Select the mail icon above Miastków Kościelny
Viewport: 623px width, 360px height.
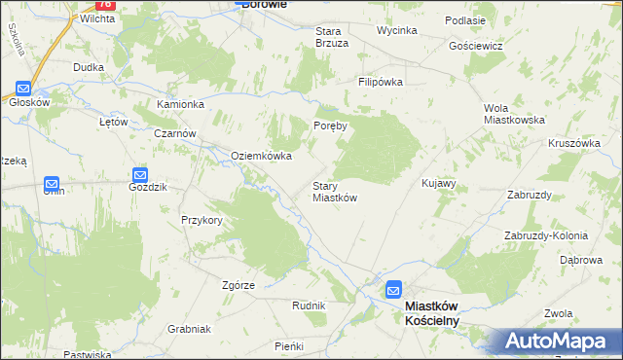(x=393, y=289)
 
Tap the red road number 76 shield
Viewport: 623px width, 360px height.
(x=106, y=4)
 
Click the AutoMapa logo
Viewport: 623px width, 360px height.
(x=560, y=342)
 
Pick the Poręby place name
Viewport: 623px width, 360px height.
(x=330, y=126)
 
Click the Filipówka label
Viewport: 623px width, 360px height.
(x=380, y=83)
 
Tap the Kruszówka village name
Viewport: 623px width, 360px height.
(x=573, y=142)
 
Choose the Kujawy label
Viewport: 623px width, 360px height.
(x=438, y=183)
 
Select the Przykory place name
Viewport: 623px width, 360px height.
(x=202, y=220)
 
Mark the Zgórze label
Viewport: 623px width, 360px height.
(x=238, y=285)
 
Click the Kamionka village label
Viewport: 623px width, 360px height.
(x=180, y=104)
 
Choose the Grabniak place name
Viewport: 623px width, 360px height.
(x=188, y=329)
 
